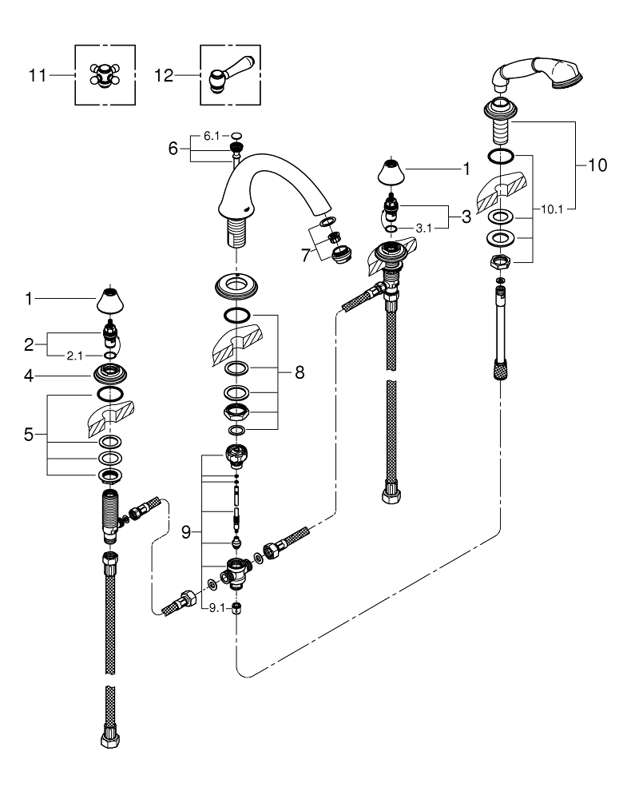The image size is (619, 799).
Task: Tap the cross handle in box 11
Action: click(x=101, y=77)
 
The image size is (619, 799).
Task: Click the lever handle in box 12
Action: click(x=226, y=75)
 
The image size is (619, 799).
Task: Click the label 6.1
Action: click(x=211, y=136)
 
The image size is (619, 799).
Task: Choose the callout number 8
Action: click(x=300, y=372)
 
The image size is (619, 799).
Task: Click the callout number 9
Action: click(x=186, y=531)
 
